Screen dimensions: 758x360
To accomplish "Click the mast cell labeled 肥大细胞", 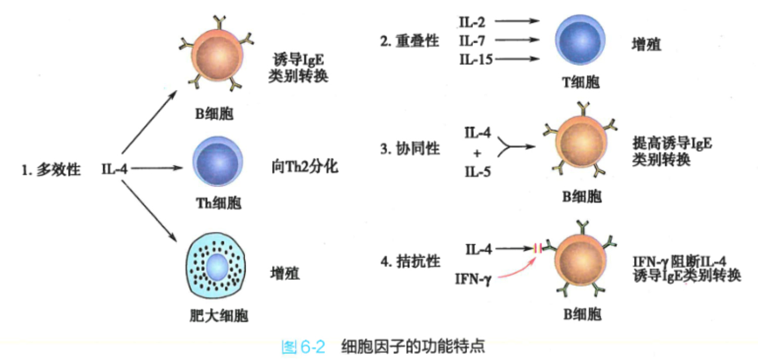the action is pyautogui.click(x=217, y=266).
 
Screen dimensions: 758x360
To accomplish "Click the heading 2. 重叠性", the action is pyautogui.click(x=409, y=41).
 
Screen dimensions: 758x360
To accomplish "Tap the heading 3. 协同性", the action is pyautogui.click(x=410, y=149).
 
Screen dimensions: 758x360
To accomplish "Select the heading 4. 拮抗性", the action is pyautogui.click(x=410, y=261).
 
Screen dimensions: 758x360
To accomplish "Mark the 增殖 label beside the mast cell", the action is pyautogui.click(x=285, y=274).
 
